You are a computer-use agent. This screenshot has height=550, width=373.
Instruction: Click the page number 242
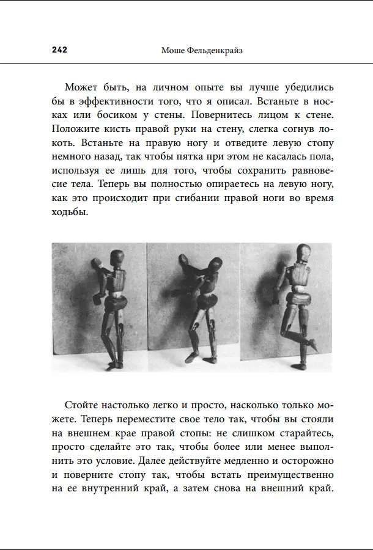click(x=59, y=50)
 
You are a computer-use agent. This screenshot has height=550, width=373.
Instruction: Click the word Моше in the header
click(x=174, y=50)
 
